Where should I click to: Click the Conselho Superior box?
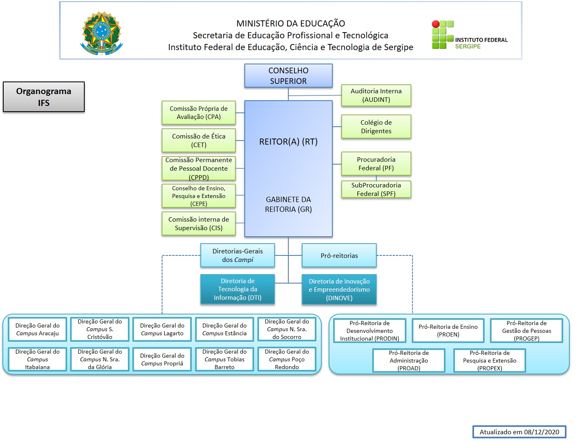[x=288, y=76]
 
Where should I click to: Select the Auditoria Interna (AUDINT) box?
[x=376, y=95]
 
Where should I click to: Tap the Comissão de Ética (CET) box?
[x=199, y=141]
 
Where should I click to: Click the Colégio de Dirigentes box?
[x=376, y=127]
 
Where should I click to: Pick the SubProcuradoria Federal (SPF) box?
[x=376, y=189]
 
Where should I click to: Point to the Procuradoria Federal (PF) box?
[x=376, y=164]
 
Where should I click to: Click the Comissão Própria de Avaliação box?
[x=199, y=113]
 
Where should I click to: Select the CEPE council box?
[x=199, y=196]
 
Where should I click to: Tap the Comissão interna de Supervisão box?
[x=199, y=224]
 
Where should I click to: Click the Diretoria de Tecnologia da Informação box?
[x=237, y=289]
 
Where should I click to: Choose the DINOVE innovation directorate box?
[x=339, y=290]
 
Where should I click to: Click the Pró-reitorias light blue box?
[x=339, y=255]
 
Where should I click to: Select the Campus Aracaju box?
[x=37, y=329]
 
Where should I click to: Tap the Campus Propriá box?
[x=162, y=359]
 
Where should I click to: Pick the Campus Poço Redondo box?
[x=287, y=359]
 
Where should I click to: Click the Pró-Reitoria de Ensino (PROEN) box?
[x=448, y=330]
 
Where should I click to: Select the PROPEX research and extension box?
[x=490, y=361]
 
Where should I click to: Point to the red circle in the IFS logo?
[x=436, y=24]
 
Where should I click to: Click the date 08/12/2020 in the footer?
[x=542, y=432]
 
